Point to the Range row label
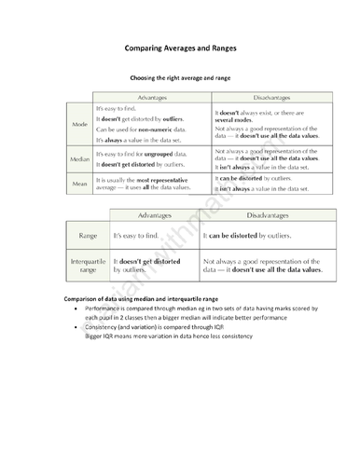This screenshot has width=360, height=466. point(88,237)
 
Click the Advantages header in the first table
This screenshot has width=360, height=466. point(152,97)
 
